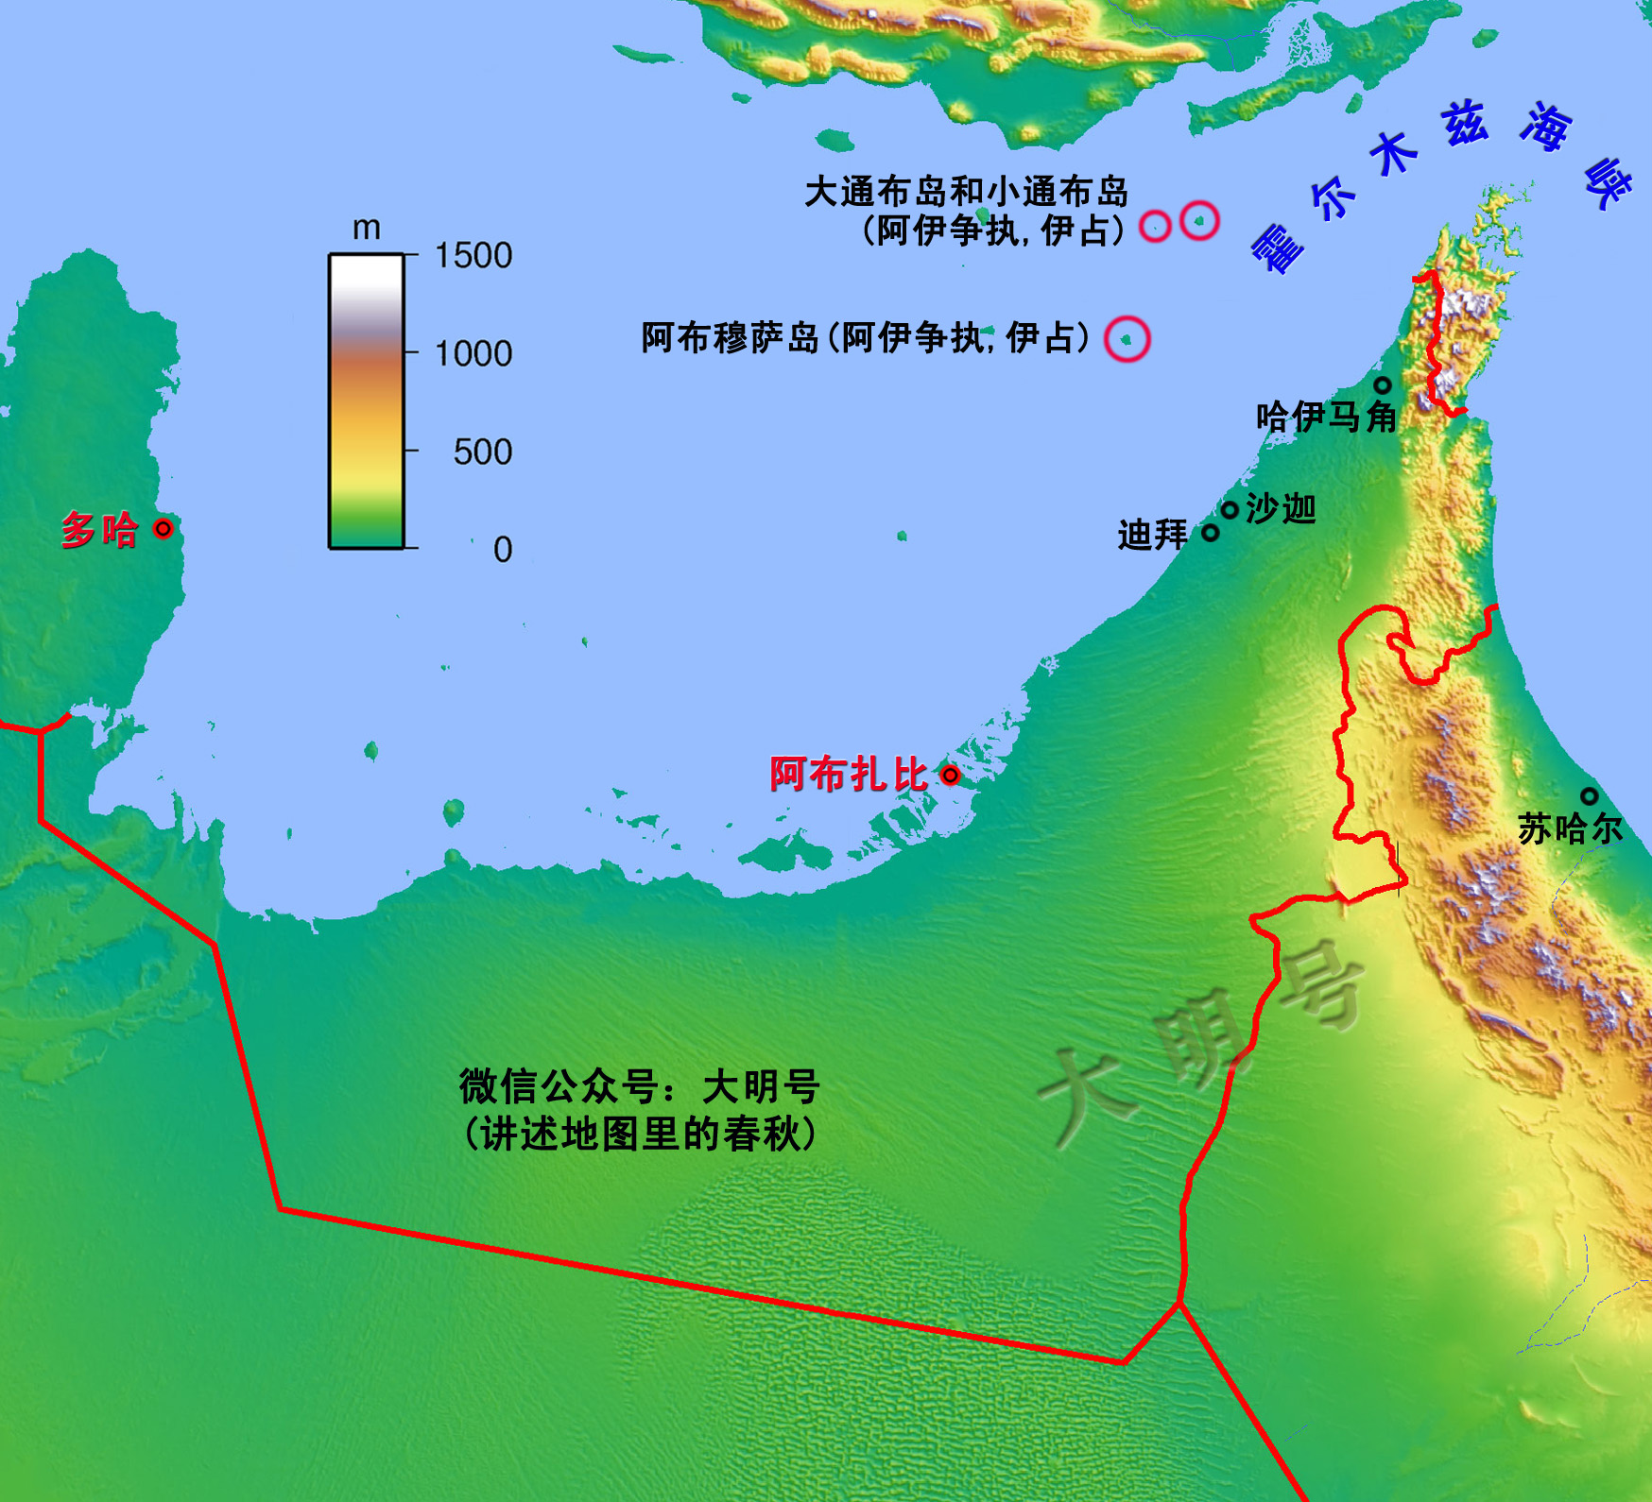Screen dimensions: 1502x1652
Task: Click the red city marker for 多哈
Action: (163, 528)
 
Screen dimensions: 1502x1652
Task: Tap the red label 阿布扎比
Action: (848, 775)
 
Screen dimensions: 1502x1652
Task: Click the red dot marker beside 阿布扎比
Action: (951, 776)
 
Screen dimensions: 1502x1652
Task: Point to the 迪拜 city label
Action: (1152, 535)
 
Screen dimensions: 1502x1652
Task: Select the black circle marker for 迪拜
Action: (1211, 533)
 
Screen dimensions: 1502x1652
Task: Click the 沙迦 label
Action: (1281, 509)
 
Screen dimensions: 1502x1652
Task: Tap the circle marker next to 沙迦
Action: (1230, 511)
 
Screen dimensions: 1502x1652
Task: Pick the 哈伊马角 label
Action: (1326, 417)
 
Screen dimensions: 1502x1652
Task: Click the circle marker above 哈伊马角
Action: (1383, 385)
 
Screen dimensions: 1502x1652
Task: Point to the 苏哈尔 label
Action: (1570, 829)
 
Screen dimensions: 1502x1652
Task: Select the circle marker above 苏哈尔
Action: (1590, 796)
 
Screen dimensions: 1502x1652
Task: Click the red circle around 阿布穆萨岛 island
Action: (1127, 338)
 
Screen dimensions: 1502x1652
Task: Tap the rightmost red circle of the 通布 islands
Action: (1200, 221)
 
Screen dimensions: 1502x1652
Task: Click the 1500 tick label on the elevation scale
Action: (473, 255)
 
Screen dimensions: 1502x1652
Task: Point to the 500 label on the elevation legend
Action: (482, 452)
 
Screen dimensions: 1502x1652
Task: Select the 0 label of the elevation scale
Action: (503, 549)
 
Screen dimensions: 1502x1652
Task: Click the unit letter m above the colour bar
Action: (366, 228)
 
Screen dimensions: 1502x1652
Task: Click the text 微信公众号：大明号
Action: (639, 1087)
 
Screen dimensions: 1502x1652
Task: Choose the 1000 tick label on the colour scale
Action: (473, 353)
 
